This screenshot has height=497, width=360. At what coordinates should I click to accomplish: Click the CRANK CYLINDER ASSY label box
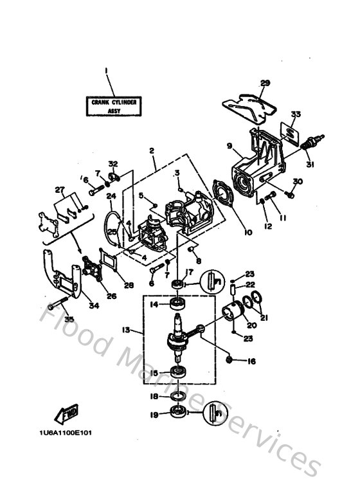coord(114,105)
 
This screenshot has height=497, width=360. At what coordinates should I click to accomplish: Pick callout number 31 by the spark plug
coord(310,165)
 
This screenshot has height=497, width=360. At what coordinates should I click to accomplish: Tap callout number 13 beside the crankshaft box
coord(126,330)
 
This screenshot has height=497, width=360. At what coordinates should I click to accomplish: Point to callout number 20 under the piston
coord(251,324)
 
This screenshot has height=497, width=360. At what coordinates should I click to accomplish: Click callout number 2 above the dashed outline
coord(152,150)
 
